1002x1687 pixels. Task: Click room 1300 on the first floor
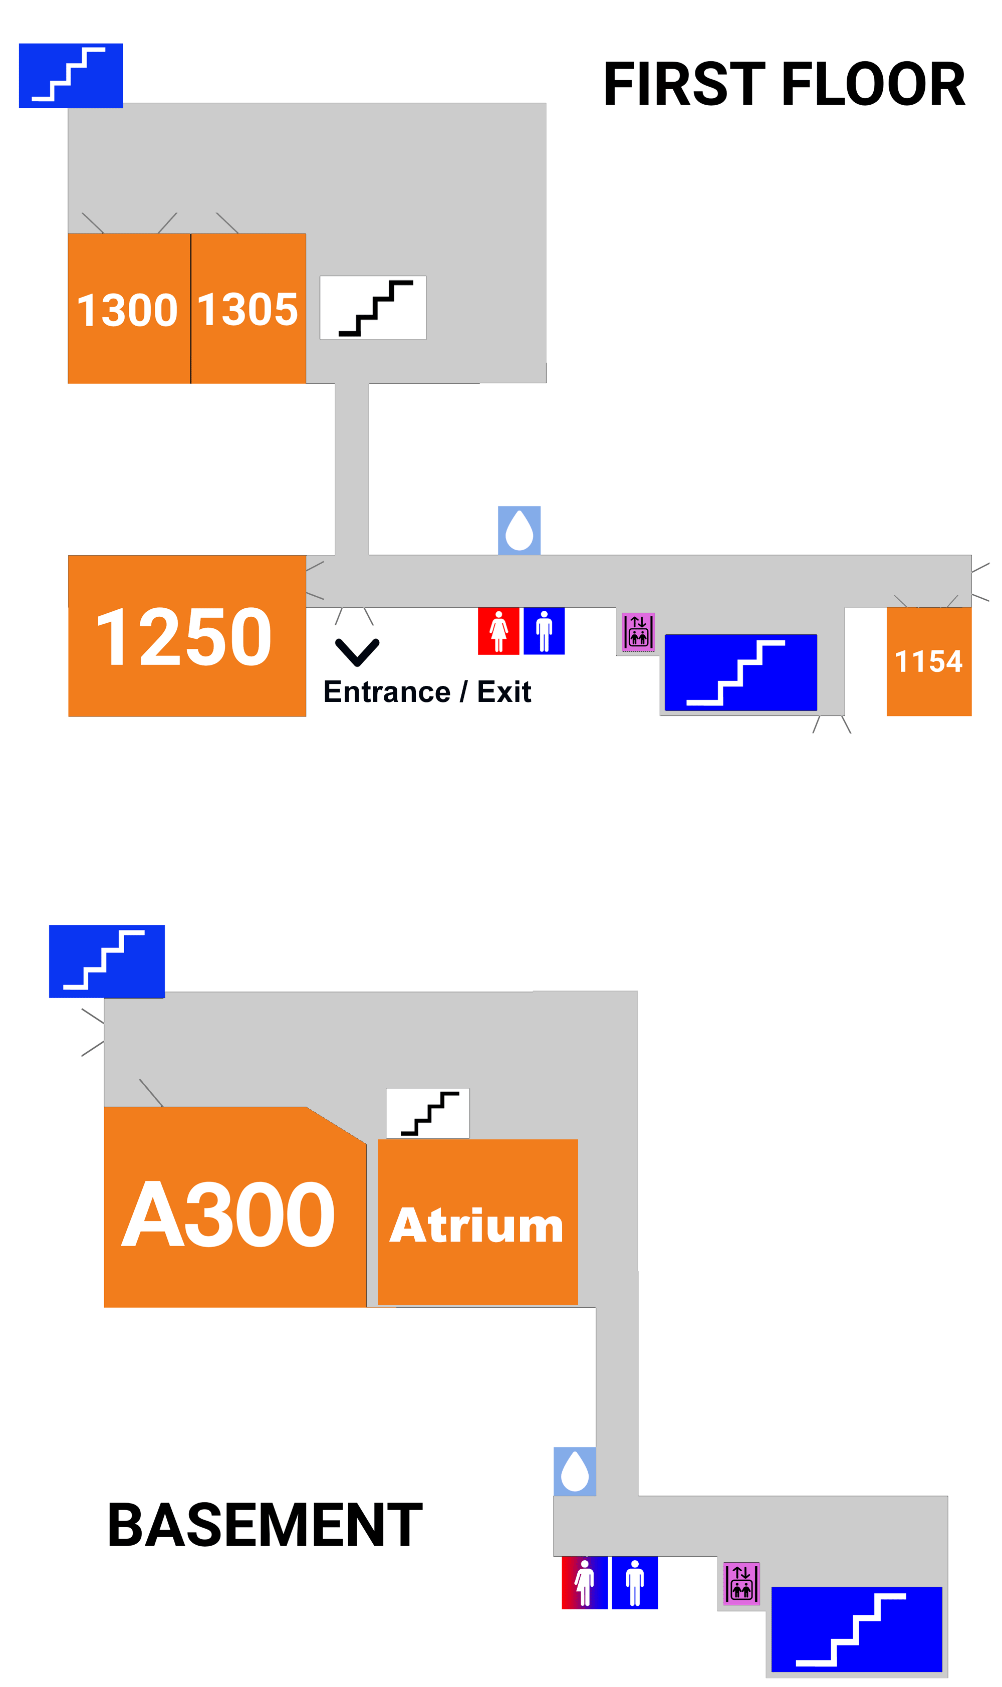tap(128, 309)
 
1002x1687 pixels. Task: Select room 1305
tap(248, 309)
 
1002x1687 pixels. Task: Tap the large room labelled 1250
tap(186, 635)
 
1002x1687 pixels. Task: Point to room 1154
tap(928, 661)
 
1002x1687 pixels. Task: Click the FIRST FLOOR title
tap(784, 84)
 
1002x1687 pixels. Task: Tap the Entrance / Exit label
tap(427, 691)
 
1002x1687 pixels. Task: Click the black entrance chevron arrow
tap(357, 651)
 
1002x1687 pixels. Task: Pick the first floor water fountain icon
tap(519, 530)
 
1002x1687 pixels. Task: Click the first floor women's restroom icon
tap(498, 630)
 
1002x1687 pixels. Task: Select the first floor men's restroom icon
tap(544, 630)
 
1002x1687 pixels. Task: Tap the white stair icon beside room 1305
tap(373, 307)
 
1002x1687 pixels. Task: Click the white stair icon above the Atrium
tap(427, 1112)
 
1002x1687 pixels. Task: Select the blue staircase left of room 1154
tap(740, 672)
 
